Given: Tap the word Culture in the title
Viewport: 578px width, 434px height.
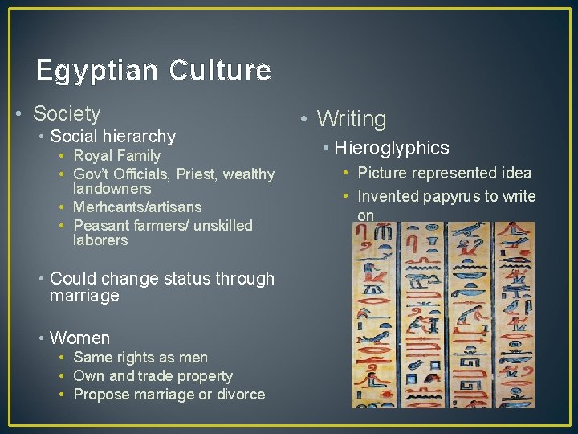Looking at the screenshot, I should point(220,72).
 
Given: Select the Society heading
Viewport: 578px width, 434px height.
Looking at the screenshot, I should point(67,114).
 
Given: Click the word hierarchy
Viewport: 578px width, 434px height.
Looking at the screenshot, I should point(136,137).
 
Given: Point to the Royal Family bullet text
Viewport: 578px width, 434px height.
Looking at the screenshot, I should point(116,156).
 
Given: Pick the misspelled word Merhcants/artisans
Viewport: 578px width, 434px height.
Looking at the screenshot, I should point(136,207).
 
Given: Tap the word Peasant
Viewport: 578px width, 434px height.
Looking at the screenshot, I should point(100,226).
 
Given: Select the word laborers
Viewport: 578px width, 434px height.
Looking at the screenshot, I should point(100,240).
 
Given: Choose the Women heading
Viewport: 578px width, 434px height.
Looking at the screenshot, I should point(79,338).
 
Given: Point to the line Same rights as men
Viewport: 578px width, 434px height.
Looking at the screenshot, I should point(140,358).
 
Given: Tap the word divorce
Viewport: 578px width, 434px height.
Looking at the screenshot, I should point(238,395).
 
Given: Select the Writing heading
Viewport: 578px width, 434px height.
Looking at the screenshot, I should point(351,120).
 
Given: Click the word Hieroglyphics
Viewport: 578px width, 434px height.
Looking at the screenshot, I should point(392,148).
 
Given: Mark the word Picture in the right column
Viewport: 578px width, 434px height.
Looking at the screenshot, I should point(383,173).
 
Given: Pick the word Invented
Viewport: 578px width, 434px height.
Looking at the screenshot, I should point(388,197).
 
